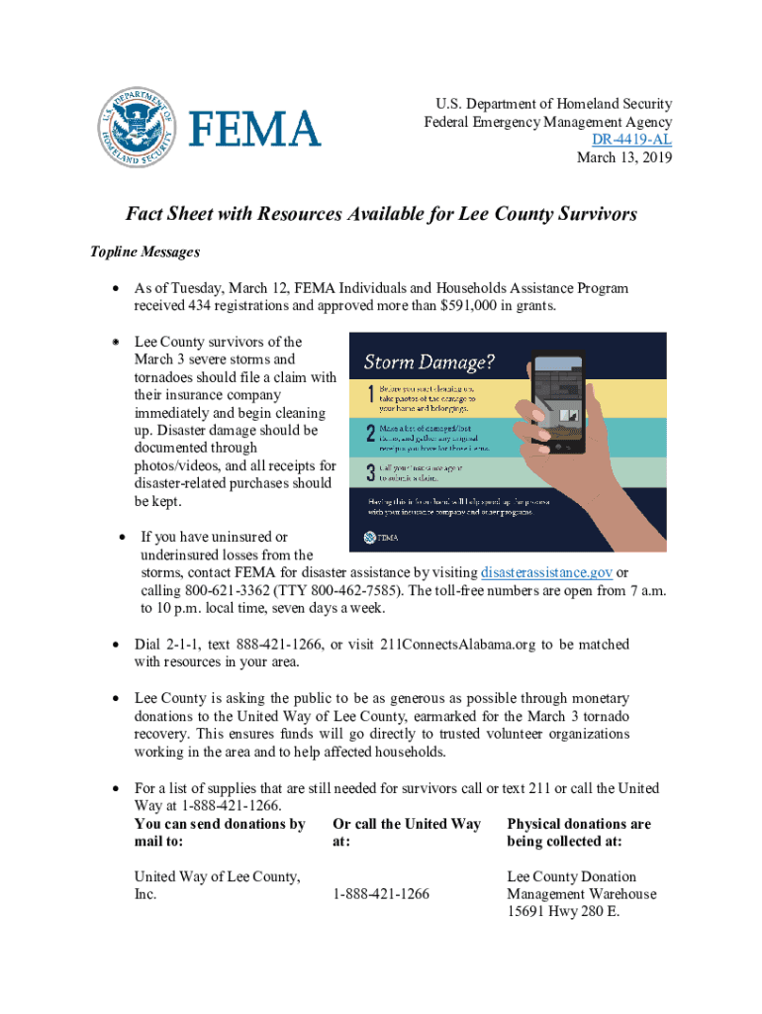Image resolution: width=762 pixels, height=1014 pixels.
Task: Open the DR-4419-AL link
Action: pyautogui.click(x=632, y=140)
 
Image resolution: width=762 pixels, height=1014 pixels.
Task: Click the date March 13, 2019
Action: pyautogui.click(x=624, y=157)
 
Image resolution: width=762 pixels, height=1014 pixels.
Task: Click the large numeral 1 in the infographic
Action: pyautogui.click(x=369, y=396)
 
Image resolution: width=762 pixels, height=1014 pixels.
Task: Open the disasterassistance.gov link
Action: pyautogui.click(x=546, y=573)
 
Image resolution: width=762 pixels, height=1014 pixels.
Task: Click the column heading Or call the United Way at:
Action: pyautogui.click(x=407, y=832)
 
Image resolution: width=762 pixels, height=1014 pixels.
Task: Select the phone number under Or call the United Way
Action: pyautogui.click(x=381, y=894)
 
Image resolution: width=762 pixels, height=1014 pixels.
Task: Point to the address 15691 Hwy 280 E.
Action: pyautogui.click(x=563, y=912)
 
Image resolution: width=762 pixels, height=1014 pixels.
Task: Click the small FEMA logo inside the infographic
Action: pyautogui.click(x=381, y=538)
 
